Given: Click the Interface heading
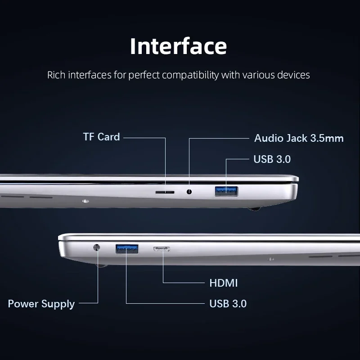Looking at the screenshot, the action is tap(178, 46).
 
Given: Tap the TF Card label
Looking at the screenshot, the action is tap(102, 137).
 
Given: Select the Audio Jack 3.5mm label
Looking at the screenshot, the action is tap(299, 138).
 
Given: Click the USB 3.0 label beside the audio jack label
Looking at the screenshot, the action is tap(272, 159).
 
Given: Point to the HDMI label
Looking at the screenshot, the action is tap(223, 283).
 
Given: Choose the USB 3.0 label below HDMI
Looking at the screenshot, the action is tap(228, 303).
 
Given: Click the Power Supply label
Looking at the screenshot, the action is tap(41, 304).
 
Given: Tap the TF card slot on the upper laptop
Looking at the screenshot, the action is tap(165, 192).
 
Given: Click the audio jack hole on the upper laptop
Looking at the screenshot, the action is tap(189, 192).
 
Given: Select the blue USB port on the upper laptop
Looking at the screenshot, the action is tap(226, 191).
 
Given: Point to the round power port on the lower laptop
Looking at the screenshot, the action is tap(97, 247).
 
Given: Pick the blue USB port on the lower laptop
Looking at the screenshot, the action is tap(127, 249).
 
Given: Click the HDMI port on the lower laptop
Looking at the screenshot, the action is tap(162, 249).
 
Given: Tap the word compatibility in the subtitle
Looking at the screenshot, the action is tap(190, 75).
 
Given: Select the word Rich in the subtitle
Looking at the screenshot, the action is tap(56, 75).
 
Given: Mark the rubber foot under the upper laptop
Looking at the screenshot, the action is tap(254, 209).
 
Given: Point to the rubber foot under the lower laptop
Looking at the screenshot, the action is tap(101, 265).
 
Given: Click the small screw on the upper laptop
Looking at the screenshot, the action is tap(85, 201).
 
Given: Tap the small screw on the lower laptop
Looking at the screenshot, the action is tap(271, 259).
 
